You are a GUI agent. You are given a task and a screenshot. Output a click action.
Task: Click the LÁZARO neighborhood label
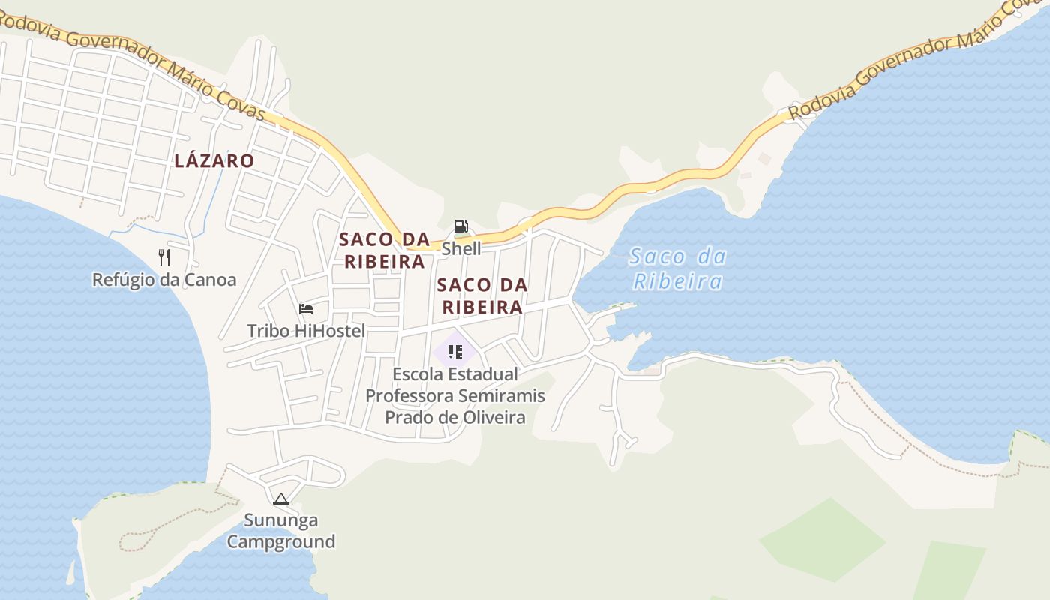[214, 160]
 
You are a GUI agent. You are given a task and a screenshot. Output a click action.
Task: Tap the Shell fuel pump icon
[460, 226]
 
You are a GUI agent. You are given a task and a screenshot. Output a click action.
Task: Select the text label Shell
[460, 248]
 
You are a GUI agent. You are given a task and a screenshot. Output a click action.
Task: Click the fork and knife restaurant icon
[164, 257]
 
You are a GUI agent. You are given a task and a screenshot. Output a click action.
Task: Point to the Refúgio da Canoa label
[163, 280]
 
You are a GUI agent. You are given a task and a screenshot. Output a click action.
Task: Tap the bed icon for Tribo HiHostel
[305, 308]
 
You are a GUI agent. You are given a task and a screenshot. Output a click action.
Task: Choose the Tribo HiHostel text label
[306, 331]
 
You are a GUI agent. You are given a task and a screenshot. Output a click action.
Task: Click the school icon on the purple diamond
[454, 351]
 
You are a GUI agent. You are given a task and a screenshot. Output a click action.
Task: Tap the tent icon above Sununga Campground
[280, 499]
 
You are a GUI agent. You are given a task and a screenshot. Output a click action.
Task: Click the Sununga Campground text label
[280, 531]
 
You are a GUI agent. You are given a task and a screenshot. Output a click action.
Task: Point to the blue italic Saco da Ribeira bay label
[678, 268]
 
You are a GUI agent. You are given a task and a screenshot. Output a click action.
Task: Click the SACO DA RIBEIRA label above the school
[481, 295]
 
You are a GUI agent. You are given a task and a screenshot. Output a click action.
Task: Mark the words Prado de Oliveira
[454, 417]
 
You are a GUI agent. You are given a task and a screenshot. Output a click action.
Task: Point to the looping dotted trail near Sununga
[139, 538]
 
